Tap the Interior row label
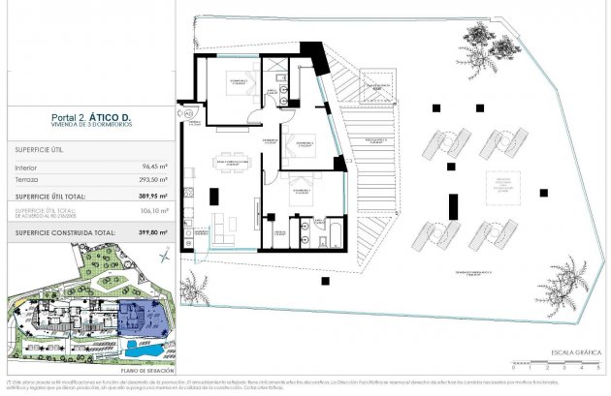tap(26, 167)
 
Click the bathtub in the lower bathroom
tap(331, 231)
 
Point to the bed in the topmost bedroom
tap(237, 84)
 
